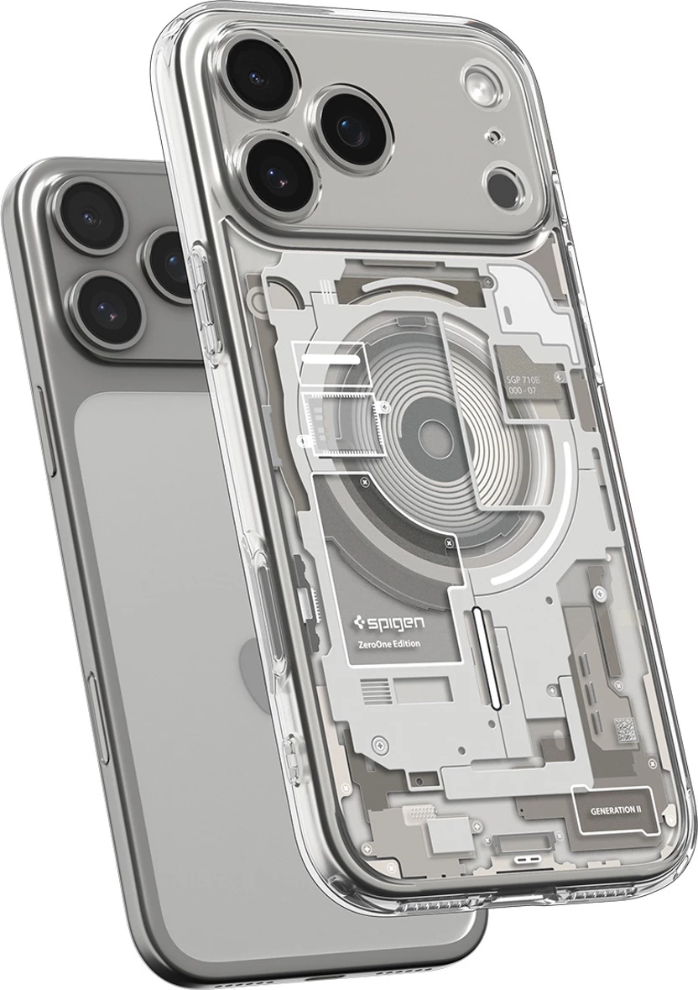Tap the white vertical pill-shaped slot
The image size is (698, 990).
pos(486,651)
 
